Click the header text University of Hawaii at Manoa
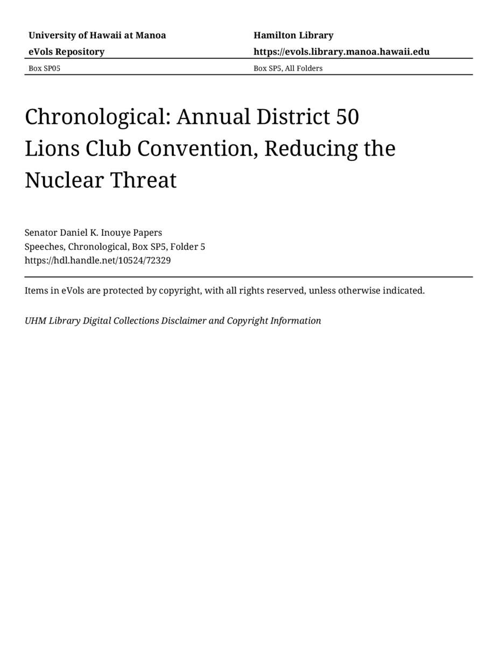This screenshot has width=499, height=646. [x=97, y=36]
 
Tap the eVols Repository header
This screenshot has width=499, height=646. [x=66, y=52]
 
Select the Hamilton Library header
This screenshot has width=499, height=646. [x=293, y=36]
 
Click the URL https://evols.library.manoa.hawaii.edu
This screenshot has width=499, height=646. [x=341, y=52]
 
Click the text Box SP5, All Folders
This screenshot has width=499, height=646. [x=288, y=68]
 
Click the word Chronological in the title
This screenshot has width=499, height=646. [x=97, y=117]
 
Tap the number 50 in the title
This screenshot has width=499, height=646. [x=347, y=117]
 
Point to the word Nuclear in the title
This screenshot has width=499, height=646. [x=64, y=180]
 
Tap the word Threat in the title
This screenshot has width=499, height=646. [x=143, y=180]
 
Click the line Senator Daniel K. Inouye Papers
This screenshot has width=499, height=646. [x=93, y=233]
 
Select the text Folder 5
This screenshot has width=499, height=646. [x=188, y=247]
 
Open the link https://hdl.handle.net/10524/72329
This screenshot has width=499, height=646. [x=97, y=261]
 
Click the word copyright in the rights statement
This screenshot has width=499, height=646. [x=179, y=291]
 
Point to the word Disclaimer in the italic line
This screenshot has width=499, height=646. [x=184, y=321]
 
